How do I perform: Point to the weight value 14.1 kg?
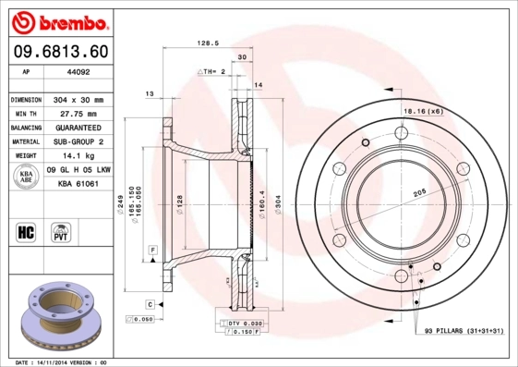(x=79, y=156)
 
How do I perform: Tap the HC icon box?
(x=26, y=231)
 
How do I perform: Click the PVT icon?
(x=62, y=231)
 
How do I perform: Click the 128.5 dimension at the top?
(x=208, y=43)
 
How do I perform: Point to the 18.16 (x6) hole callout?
(x=421, y=111)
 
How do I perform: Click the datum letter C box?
(x=149, y=303)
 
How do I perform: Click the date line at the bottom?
(x=63, y=361)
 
